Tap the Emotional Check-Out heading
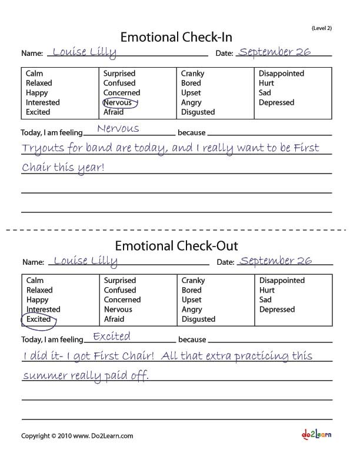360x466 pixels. [176, 245]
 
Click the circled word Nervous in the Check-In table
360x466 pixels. [118, 102]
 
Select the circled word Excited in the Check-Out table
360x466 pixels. [39, 319]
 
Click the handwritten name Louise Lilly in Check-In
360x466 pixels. [84, 52]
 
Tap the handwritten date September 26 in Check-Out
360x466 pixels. [276, 260]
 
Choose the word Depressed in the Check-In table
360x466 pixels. [276, 102]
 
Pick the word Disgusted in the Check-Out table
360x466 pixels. [198, 319]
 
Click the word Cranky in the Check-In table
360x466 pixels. [193, 74]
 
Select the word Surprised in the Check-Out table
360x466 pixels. [120, 281]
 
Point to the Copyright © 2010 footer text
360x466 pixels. [77, 436]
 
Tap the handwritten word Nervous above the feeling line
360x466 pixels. [118, 128]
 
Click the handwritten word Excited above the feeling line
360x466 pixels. [112, 336]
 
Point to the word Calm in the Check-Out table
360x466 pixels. [35, 281]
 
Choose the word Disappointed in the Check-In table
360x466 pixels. [282, 74]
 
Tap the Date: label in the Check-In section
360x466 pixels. [225, 54]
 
